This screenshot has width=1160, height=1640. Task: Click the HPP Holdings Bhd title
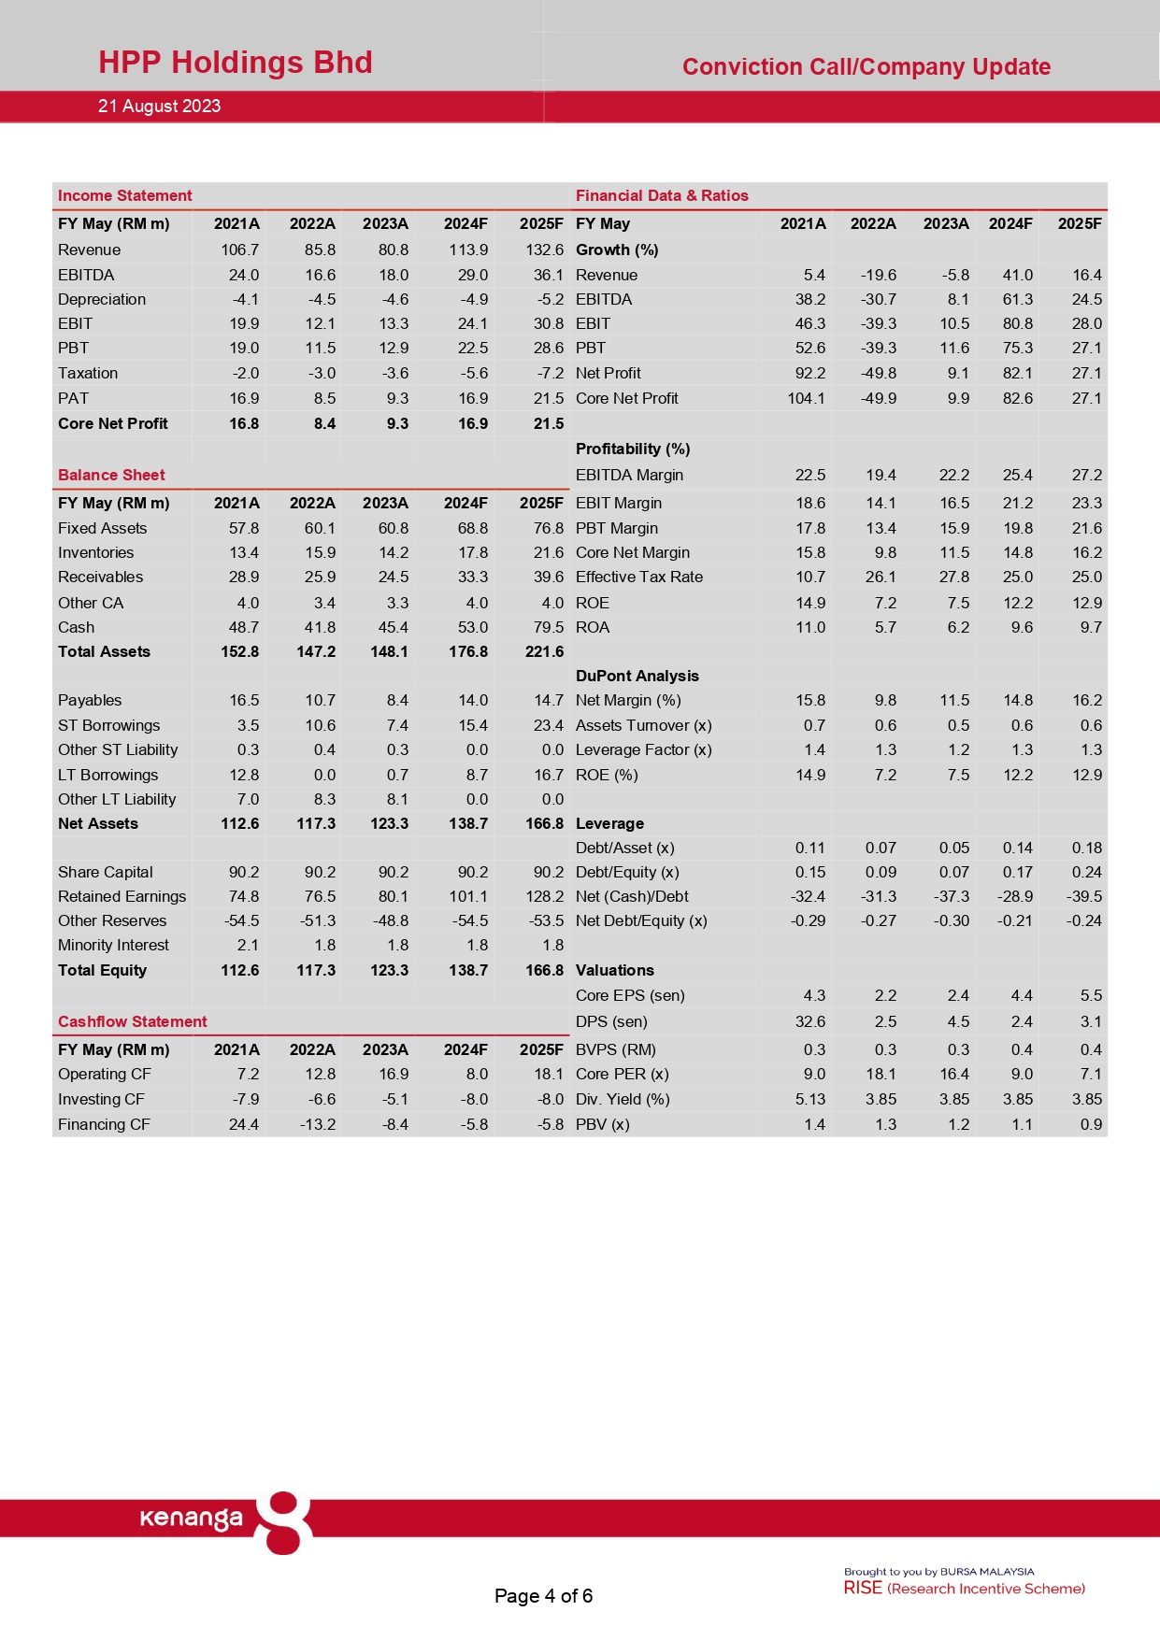[236, 63]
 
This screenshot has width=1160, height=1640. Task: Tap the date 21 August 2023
[159, 107]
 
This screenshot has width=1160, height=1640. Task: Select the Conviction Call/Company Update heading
[866, 67]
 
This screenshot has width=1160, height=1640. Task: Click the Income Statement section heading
[124, 195]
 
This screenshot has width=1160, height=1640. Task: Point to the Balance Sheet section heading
[111, 475]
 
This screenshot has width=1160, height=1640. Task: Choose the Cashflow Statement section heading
[132, 1021]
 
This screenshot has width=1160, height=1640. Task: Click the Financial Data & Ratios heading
[662, 195]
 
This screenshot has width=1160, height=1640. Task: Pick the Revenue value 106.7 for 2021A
[239, 250]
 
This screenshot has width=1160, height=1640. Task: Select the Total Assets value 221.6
[544, 651]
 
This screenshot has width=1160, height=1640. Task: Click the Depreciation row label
[102, 299]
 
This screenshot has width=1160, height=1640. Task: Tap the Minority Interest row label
[113, 945]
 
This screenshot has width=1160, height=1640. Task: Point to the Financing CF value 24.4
[243, 1124]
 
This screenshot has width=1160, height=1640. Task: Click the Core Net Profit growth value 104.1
[806, 398]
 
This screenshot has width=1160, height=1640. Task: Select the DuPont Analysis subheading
[637, 676]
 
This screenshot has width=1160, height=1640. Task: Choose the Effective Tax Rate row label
[638, 577]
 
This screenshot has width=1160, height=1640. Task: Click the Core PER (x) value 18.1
[881, 1074]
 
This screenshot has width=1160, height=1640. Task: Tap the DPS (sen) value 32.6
[809, 1021]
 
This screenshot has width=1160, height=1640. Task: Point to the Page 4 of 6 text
[543, 1596]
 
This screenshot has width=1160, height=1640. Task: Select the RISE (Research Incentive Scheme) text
[964, 1589]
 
